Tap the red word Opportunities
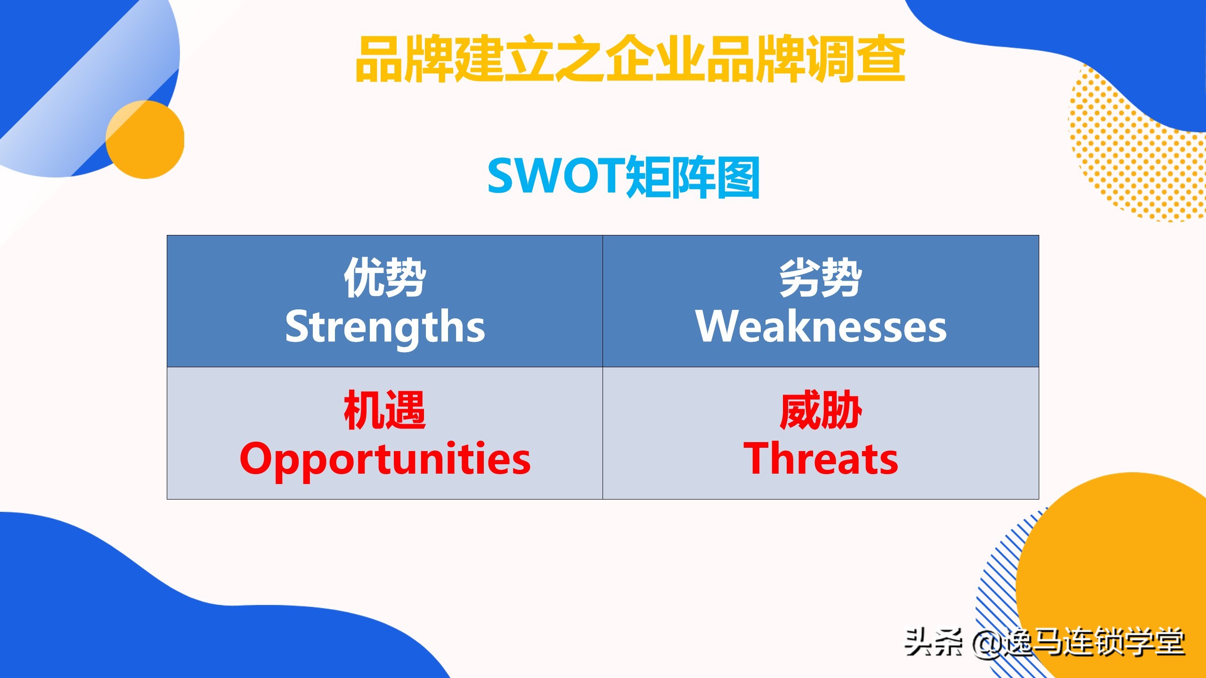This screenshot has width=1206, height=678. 385,459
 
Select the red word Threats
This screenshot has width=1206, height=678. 821,459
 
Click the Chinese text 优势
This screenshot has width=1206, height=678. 385,278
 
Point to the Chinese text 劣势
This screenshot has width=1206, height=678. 821,278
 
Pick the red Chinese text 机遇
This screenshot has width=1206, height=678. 385,410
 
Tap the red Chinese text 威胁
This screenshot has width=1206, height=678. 821,410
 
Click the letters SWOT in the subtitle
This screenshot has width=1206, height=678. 556,177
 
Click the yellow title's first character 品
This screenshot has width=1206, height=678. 379,59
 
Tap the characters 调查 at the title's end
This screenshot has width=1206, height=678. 855,59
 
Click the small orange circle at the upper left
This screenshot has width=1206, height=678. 145,140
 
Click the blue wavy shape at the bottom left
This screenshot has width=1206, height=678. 141,612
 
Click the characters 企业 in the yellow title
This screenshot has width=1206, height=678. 655,59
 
